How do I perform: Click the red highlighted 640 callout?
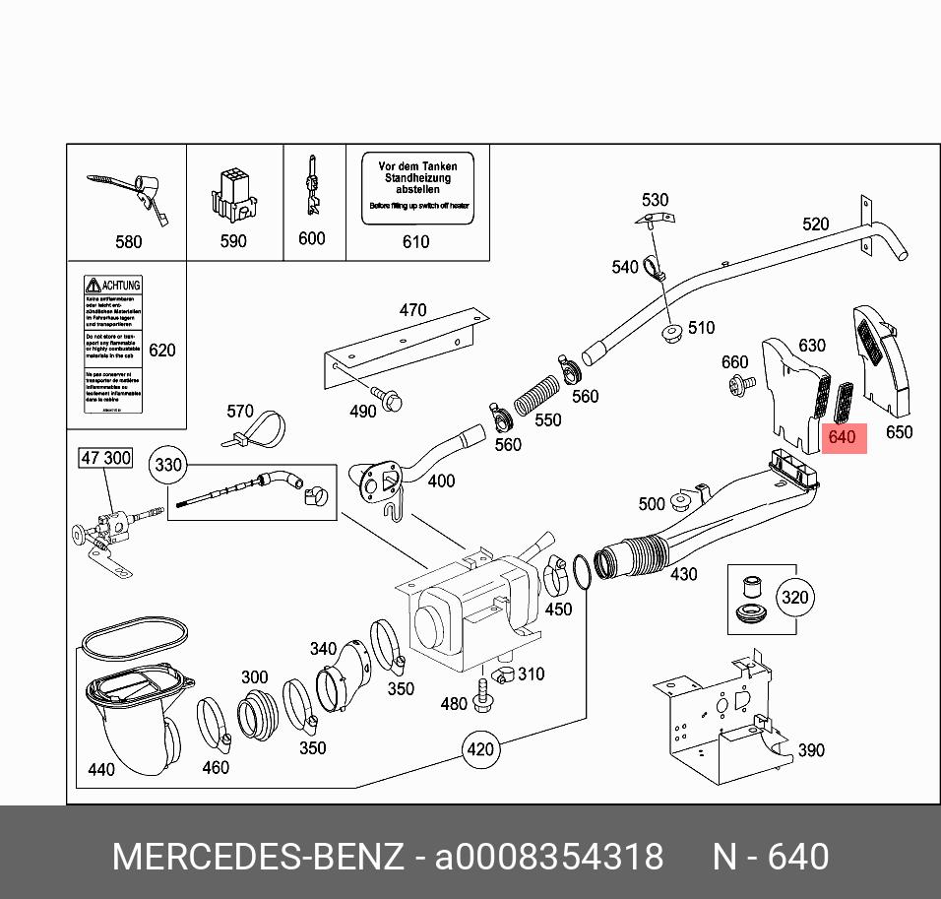(843, 436)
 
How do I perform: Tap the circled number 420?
(479, 750)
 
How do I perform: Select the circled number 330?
(168, 464)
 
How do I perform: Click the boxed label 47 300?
(104, 458)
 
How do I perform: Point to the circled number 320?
(793, 598)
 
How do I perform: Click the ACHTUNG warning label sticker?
(112, 345)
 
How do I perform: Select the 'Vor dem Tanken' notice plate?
(417, 187)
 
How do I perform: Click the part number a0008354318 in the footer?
(549, 857)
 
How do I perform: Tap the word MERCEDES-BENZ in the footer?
(258, 857)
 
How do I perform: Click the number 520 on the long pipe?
(815, 225)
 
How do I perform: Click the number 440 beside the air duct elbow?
(101, 769)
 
